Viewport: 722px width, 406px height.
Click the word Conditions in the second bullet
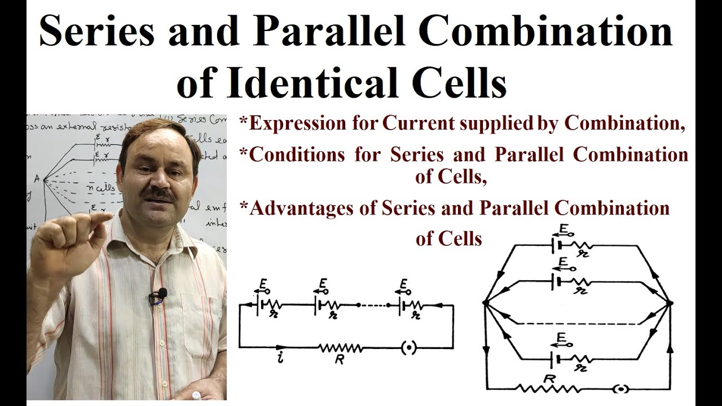(x=297, y=155)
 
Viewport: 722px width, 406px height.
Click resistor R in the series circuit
(x=341, y=349)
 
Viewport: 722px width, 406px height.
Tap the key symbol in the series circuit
(x=408, y=348)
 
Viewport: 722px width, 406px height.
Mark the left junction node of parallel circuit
(x=485, y=303)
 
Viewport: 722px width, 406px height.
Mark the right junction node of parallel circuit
(x=670, y=303)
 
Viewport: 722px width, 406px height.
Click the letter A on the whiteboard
(x=37, y=179)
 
